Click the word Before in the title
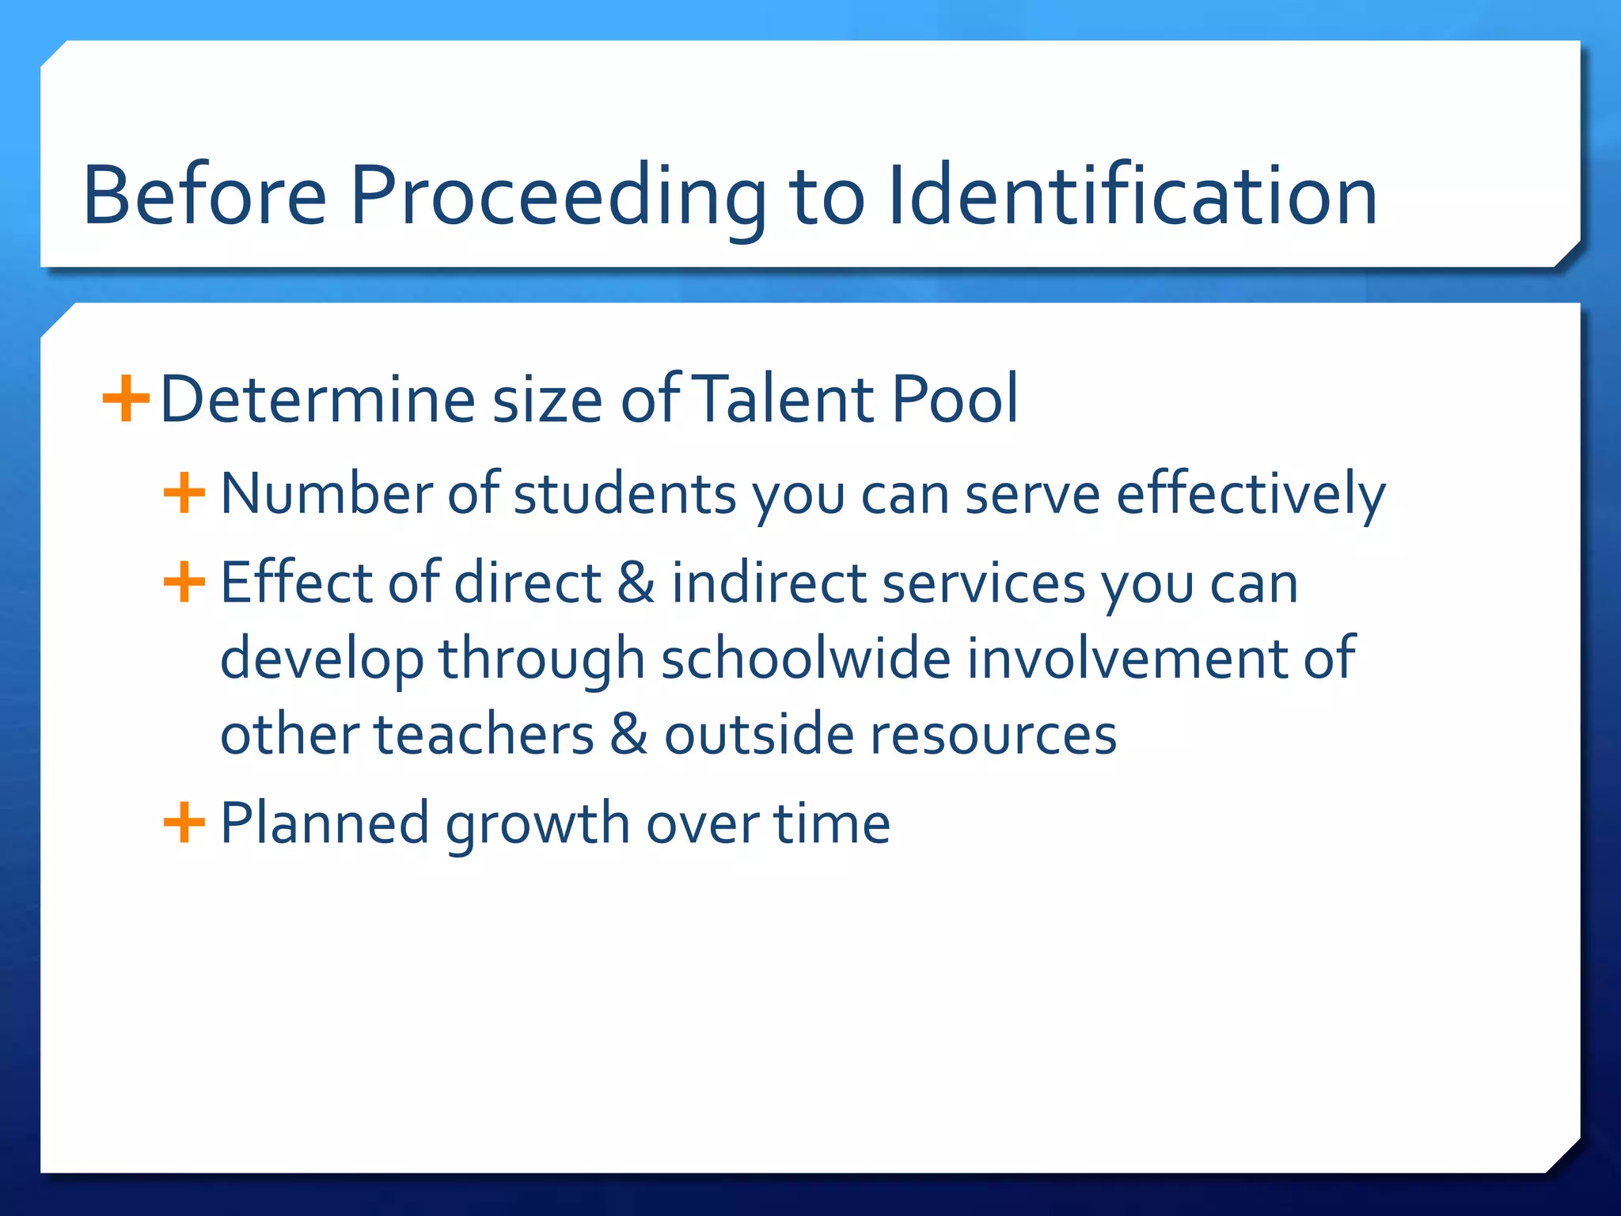pyautogui.click(x=204, y=195)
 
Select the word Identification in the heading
pyautogui.click(x=1132, y=195)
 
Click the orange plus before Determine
pyautogui.click(x=126, y=399)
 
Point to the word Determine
pyautogui.click(x=317, y=399)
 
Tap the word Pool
pyautogui.click(x=955, y=399)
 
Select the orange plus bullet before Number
pyautogui.click(x=184, y=493)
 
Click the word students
pyautogui.click(x=625, y=494)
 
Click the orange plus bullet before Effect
pyautogui.click(x=184, y=582)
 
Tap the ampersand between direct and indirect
pyautogui.click(x=636, y=582)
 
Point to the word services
pyautogui.click(x=984, y=583)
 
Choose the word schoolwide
pyautogui.click(x=806, y=658)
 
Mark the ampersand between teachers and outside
pyautogui.click(x=628, y=734)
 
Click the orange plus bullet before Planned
pyautogui.click(x=184, y=823)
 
